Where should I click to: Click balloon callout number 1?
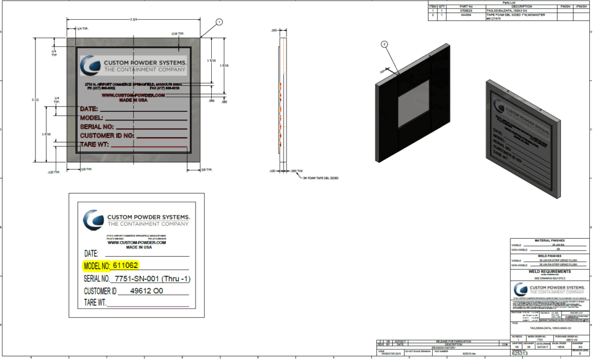(x=219, y=22)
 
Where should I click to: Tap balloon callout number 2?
(x=384, y=44)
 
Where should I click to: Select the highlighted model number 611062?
(x=126, y=266)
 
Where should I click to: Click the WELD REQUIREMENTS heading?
(x=550, y=271)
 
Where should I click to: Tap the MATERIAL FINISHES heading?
(x=550, y=240)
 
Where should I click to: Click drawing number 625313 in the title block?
(x=520, y=353)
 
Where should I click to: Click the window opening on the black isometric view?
(x=413, y=104)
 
